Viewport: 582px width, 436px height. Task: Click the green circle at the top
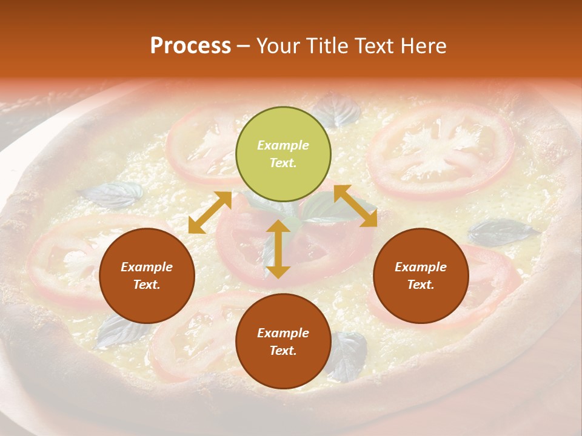(x=283, y=154)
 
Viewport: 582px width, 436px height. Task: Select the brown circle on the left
(x=147, y=276)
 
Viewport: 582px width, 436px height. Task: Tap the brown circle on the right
(x=421, y=276)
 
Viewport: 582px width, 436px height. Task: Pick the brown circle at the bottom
(x=283, y=342)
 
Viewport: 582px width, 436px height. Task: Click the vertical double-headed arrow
(x=278, y=249)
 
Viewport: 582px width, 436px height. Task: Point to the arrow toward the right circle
(x=355, y=206)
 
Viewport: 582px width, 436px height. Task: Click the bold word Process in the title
(x=190, y=46)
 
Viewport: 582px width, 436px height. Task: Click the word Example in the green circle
(x=283, y=145)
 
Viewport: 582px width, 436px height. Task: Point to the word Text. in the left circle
(x=147, y=285)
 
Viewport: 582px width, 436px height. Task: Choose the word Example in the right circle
(x=421, y=267)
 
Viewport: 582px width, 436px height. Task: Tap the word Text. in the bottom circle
(x=283, y=351)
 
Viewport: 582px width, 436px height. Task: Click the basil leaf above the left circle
(x=112, y=194)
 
